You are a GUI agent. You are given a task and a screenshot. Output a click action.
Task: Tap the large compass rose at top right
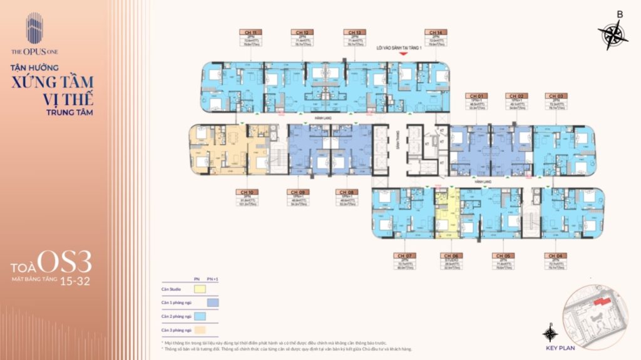pos(612,34)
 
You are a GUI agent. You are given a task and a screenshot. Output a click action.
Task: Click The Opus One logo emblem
pos(34,29)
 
